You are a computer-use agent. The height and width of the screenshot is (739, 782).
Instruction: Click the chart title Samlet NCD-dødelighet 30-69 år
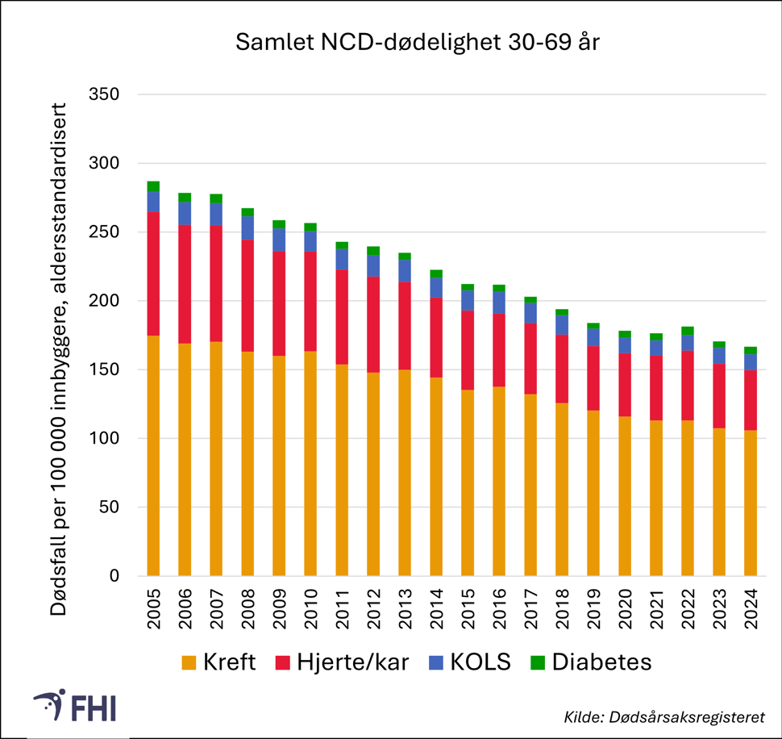click(417, 43)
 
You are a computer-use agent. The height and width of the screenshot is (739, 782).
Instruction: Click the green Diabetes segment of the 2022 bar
click(687, 331)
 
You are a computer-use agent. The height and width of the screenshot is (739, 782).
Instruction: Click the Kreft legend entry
click(218, 663)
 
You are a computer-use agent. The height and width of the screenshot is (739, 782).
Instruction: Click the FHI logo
click(76, 707)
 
